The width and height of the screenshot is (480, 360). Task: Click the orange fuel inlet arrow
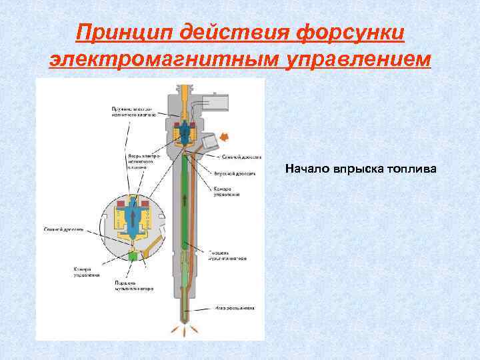tap(225, 137)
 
